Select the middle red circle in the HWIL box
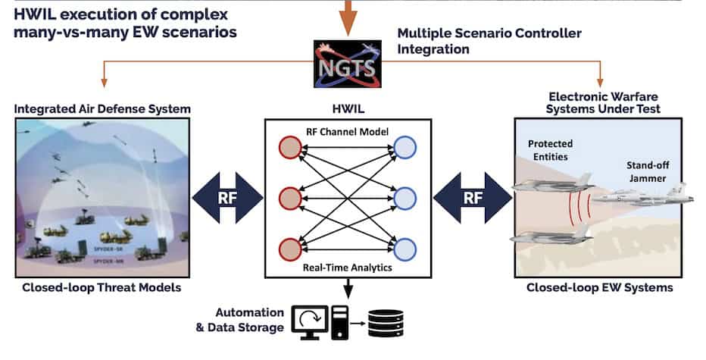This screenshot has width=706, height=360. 289,199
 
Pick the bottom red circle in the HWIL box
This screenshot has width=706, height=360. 289,249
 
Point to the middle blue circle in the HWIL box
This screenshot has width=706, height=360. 404,199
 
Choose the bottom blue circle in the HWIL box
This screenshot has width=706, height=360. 404,249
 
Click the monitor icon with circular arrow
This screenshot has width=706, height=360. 311,321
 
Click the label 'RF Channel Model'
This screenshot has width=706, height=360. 348,131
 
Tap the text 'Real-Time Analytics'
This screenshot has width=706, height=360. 347,267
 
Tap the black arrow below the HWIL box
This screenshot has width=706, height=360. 347,289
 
